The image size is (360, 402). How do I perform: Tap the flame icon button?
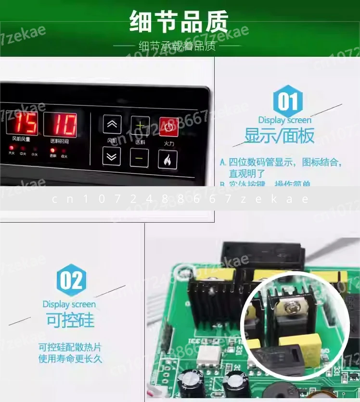[x=168, y=159]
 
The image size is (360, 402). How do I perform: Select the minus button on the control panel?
[x=140, y=158]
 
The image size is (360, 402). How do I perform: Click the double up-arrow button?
[x=112, y=125]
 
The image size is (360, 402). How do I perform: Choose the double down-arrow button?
[x=112, y=157]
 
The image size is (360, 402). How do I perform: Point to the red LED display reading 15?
[x=21, y=125]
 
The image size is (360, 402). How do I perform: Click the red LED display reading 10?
[x=60, y=125]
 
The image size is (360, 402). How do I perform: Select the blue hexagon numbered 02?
[x=72, y=281]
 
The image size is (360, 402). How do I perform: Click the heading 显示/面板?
[x=279, y=136]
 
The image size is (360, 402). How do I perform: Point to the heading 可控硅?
[x=70, y=320]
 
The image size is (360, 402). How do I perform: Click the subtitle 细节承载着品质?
[x=179, y=46]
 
